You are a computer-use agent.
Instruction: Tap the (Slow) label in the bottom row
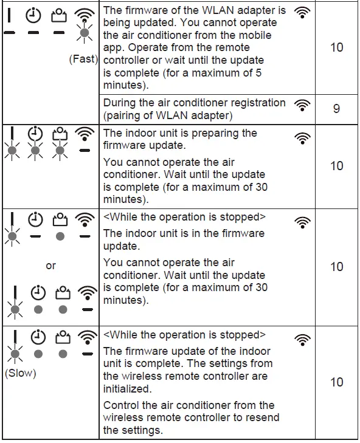21,373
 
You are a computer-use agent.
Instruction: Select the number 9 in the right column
336,109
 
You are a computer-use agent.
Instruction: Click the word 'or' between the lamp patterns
50,266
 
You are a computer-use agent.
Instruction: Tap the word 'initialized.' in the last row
128,389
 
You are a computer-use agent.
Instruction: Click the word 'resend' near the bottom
261,417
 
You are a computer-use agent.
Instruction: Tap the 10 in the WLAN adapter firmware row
336,47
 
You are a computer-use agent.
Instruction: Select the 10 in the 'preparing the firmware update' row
336,166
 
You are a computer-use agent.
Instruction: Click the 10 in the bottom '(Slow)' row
336,382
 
